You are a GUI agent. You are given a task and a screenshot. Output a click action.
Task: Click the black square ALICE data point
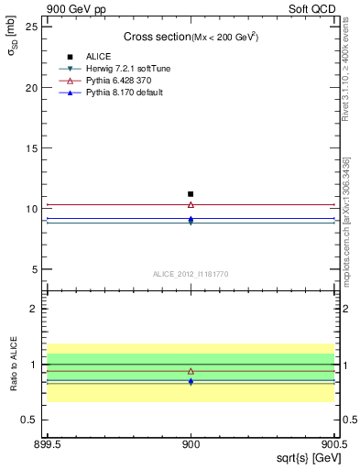(x=191, y=194)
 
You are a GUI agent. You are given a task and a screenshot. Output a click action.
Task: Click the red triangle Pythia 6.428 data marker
(x=191, y=205)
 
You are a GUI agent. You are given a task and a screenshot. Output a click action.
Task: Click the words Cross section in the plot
(x=156, y=37)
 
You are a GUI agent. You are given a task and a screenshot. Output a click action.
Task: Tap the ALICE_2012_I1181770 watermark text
(x=191, y=274)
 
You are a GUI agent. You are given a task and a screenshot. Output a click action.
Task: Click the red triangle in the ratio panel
(x=191, y=372)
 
